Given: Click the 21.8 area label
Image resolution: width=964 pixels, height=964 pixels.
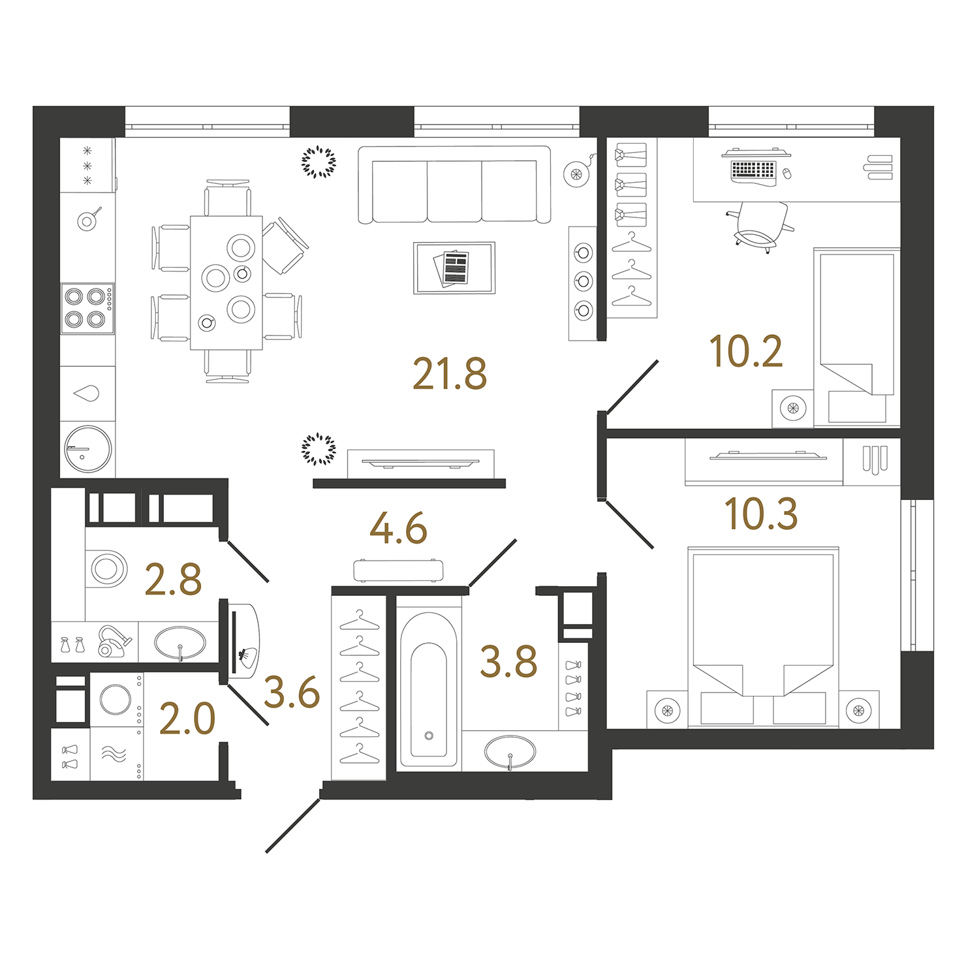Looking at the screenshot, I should tap(450, 374).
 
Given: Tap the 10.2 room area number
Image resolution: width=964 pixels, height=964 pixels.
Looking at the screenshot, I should tap(745, 352).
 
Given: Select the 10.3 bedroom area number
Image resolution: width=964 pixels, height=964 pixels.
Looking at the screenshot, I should tap(761, 514).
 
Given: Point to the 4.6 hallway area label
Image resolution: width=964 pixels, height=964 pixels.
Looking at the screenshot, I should tap(398, 529).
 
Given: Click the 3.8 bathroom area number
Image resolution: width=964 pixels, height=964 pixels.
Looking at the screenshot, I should tap(508, 662).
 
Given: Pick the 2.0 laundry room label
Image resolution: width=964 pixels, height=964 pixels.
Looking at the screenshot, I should tap(187, 719).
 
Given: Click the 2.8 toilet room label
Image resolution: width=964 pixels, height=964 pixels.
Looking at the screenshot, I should tap(173, 580).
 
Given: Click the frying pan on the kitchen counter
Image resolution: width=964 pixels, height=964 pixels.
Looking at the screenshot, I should tap(88, 220).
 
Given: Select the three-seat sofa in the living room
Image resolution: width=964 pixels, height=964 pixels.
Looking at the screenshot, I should tap(454, 185).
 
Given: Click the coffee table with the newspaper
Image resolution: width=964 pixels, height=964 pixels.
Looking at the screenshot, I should tap(454, 268).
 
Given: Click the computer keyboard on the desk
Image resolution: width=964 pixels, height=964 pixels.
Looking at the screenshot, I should tap(753, 170).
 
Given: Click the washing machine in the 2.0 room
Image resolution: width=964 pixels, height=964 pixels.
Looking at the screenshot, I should tap(117, 700).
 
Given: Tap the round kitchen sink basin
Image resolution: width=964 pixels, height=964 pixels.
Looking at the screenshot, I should tap(88, 449).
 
